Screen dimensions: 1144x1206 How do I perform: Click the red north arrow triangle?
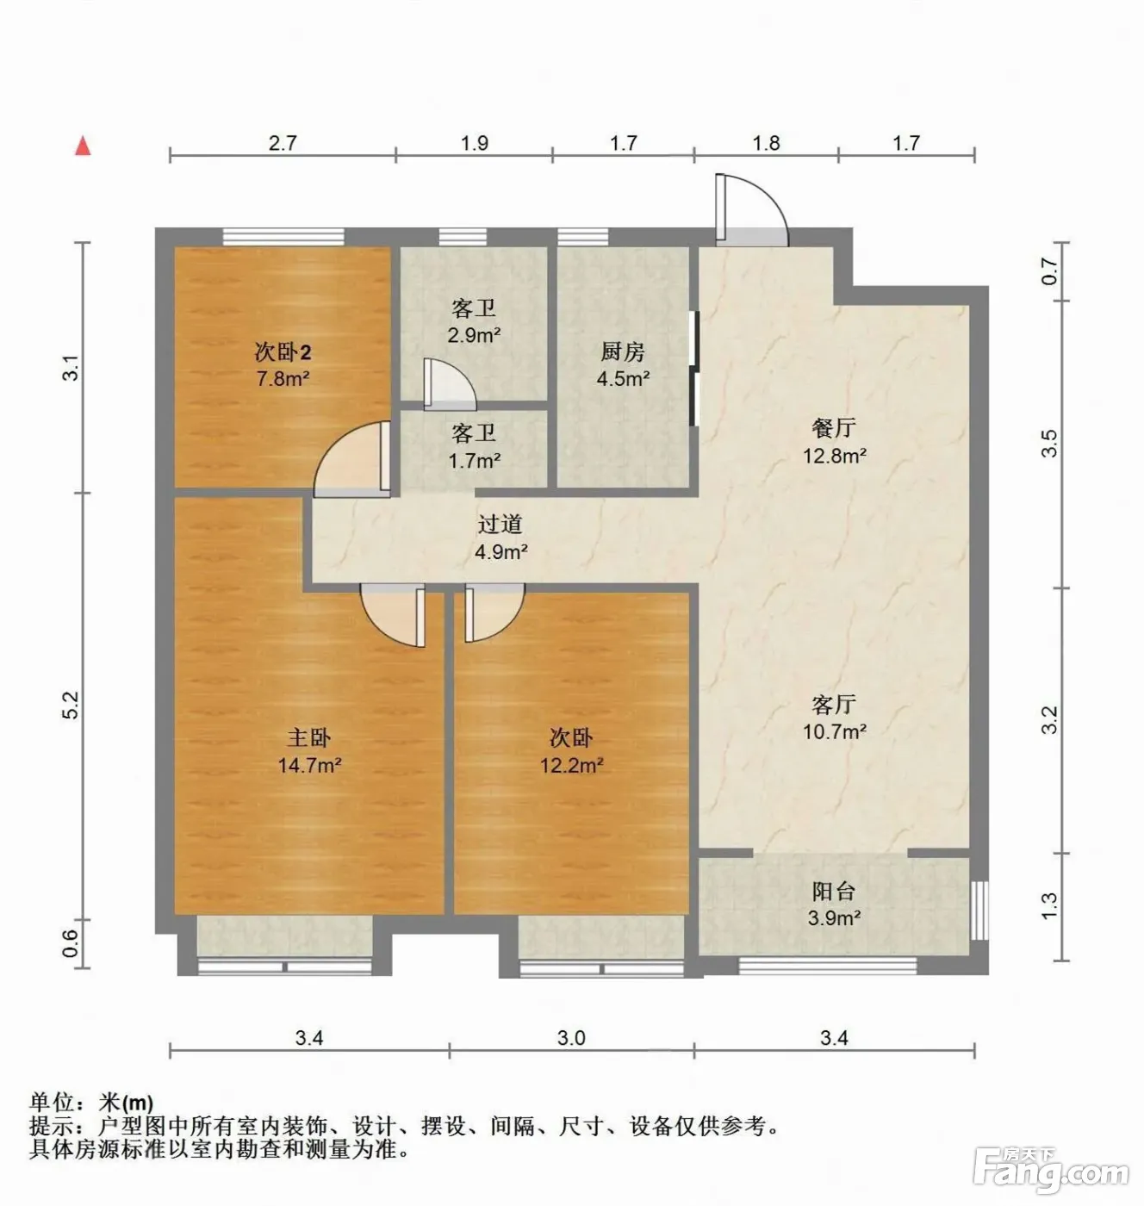[x=83, y=146]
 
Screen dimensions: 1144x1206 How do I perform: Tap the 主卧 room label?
[x=309, y=738]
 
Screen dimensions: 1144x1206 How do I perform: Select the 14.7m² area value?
[x=310, y=765]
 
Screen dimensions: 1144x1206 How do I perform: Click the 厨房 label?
[x=623, y=351]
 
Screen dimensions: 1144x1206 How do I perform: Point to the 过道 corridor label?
[x=501, y=525]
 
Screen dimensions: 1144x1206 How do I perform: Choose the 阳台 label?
[x=834, y=892]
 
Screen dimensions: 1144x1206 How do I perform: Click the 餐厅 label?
[x=834, y=428]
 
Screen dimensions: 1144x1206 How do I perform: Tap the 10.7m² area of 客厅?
[x=835, y=731]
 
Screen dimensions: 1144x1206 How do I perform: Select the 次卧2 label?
[x=283, y=352]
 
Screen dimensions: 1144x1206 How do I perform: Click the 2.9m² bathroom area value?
[x=474, y=335]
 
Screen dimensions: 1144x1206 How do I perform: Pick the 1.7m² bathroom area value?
[x=474, y=460]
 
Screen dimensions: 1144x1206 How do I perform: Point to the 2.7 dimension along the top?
[x=283, y=143]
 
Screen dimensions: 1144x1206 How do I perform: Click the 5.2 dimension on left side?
[x=71, y=705]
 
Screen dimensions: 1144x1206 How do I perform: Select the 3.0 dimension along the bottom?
[x=571, y=1038]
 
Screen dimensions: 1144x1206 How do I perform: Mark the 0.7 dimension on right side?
[x=1049, y=270]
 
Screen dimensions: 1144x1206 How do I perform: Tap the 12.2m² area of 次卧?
[x=572, y=765]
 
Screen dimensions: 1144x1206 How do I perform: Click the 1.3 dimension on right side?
[x=1049, y=905]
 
